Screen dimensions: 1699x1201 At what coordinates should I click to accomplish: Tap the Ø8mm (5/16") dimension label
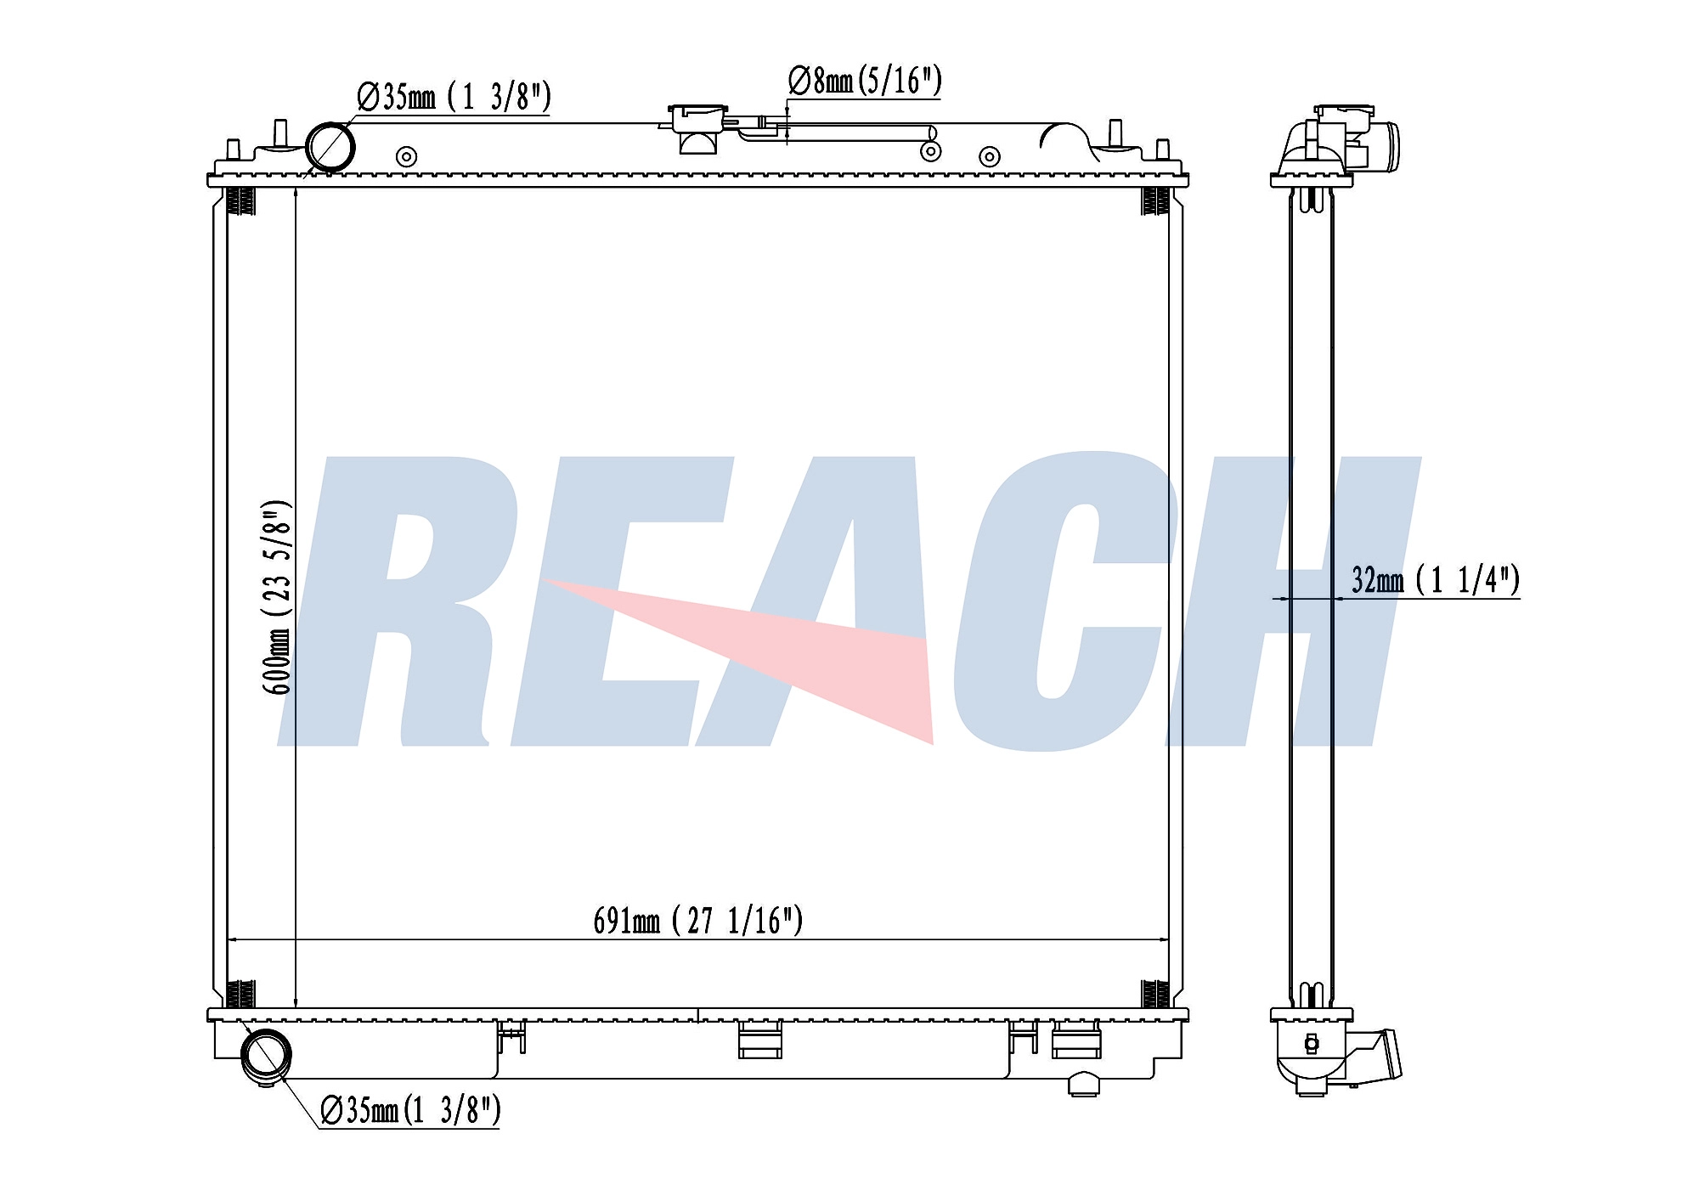point(865,81)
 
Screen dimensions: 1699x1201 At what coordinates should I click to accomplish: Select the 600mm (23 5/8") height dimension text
point(278,597)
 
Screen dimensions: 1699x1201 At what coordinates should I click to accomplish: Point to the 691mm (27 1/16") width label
point(697,921)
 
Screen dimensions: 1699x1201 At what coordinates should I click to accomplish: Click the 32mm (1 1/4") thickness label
point(1436,580)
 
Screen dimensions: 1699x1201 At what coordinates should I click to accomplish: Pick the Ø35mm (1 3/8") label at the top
point(454,97)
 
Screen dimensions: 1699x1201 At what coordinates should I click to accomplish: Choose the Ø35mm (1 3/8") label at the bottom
point(410,1109)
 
